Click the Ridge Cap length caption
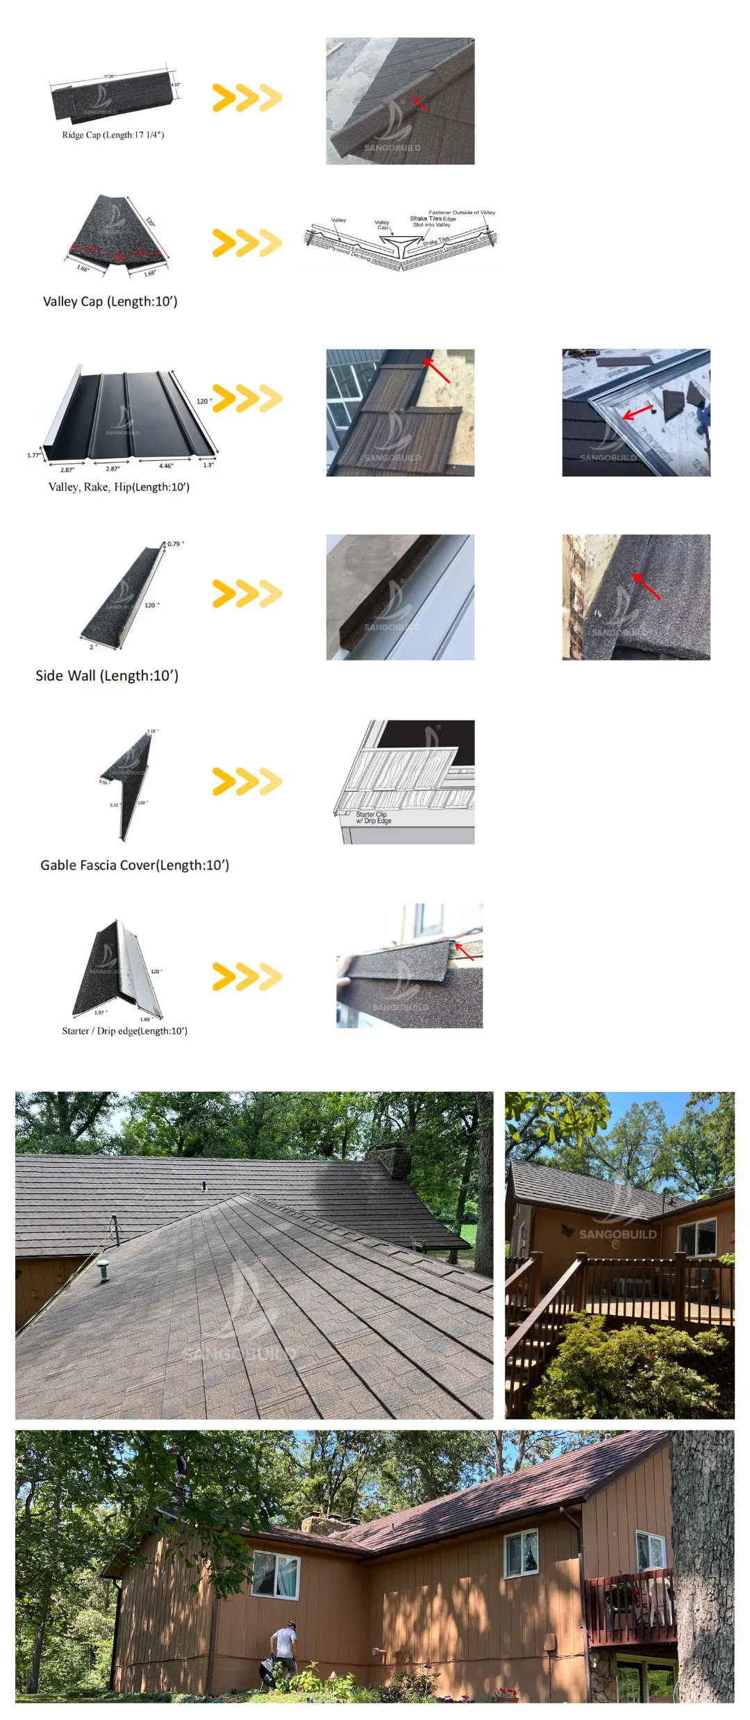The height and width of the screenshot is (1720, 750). pos(113,135)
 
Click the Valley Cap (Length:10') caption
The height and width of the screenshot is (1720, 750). pos(110,301)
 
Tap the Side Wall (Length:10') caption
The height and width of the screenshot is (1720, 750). pos(107,675)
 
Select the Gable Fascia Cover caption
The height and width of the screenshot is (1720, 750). pos(135,865)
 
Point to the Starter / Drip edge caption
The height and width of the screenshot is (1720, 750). pos(124,1031)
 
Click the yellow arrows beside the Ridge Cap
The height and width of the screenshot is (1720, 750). pos(247,98)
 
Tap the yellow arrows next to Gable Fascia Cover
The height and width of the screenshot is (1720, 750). pos(247,782)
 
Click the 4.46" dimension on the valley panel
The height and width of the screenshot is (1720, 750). pos(166,466)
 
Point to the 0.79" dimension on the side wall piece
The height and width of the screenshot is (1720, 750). pos(176,544)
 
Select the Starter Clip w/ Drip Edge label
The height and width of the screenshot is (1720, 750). pos(373,818)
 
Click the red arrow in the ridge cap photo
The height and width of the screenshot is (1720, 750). pos(420,104)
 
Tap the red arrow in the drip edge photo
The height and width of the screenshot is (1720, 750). pos(464,950)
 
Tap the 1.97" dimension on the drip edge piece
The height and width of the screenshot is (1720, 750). pos(101,1012)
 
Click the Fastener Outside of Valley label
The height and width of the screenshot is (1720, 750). pos(462,212)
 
